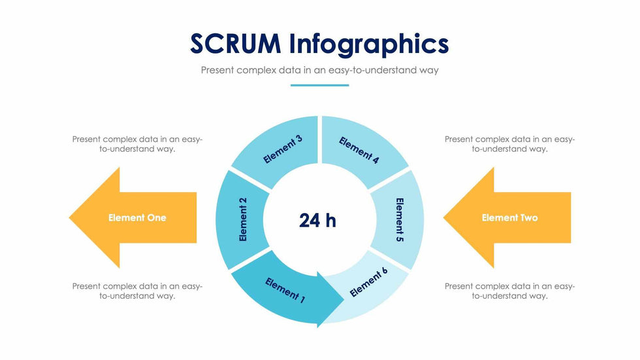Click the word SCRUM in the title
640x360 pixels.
(x=236, y=43)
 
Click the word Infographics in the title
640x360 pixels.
(x=369, y=45)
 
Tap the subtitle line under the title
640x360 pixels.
(x=319, y=70)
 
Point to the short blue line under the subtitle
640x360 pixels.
(x=319, y=86)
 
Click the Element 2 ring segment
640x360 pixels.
(x=242, y=220)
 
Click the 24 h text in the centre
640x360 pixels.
(x=317, y=220)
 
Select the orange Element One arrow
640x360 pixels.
(x=133, y=218)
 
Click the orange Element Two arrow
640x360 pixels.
(x=507, y=218)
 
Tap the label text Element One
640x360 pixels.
(x=137, y=218)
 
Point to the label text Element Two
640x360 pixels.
(x=510, y=218)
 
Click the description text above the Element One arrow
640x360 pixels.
(x=137, y=144)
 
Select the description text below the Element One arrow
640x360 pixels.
(x=137, y=291)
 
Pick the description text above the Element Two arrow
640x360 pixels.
(x=509, y=144)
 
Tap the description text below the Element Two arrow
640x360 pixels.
(x=509, y=291)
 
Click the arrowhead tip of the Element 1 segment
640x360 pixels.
(x=344, y=300)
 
